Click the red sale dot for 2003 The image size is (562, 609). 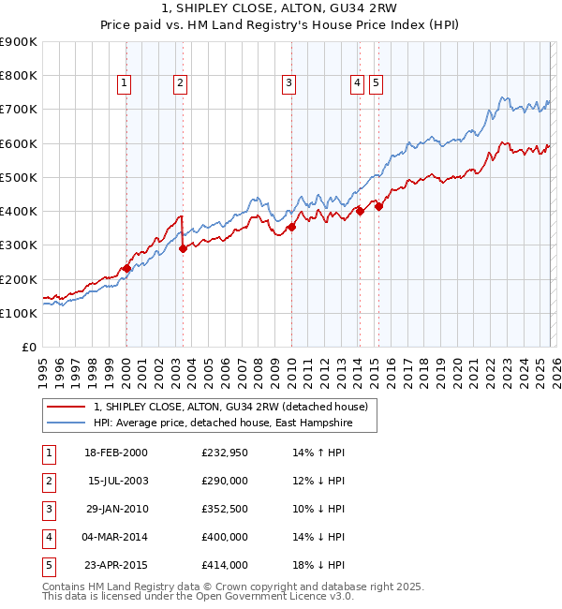[x=183, y=248]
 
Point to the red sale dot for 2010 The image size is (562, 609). [x=291, y=227]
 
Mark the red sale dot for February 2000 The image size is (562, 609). [x=126, y=268]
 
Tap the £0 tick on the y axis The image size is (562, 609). [x=28, y=348]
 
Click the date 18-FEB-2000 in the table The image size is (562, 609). [x=114, y=453]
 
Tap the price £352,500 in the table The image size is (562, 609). [x=225, y=509]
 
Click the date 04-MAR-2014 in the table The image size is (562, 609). [x=114, y=537]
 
